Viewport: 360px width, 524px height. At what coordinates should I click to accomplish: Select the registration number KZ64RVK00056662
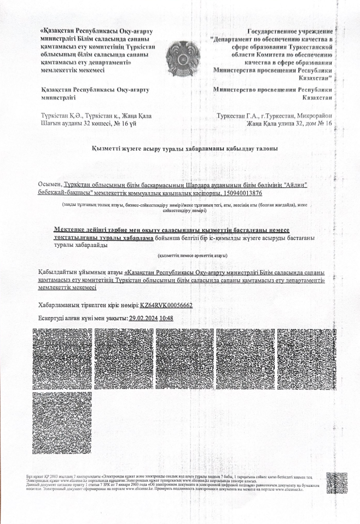pos(166,306)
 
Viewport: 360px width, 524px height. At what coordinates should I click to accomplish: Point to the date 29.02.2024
pos(143,318)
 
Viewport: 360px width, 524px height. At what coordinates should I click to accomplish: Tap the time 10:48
pos(166,318)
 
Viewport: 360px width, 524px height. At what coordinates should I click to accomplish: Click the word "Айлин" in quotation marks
pos(294,186)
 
